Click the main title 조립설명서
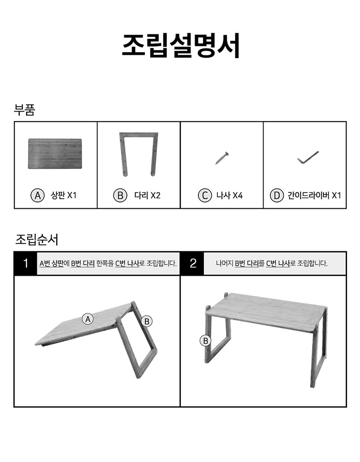coord(181,45)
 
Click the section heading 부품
coord(24,110)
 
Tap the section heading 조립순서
coord(36,240)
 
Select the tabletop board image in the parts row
coord(55,154)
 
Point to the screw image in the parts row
coord(222,158)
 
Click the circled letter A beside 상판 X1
coord(37,195)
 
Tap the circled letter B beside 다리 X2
coord(120,195)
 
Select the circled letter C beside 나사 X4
coord(204,195)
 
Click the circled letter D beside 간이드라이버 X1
coord(277,195)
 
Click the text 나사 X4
coord(229,195)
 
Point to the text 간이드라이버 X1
coord(314,195)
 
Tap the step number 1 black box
coord(26,263)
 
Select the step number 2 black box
coord(193,263)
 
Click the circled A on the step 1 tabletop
coord(88,319)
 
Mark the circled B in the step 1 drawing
coord(147,321)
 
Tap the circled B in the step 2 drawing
coord(205,341)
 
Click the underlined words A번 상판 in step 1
coord(51,263)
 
